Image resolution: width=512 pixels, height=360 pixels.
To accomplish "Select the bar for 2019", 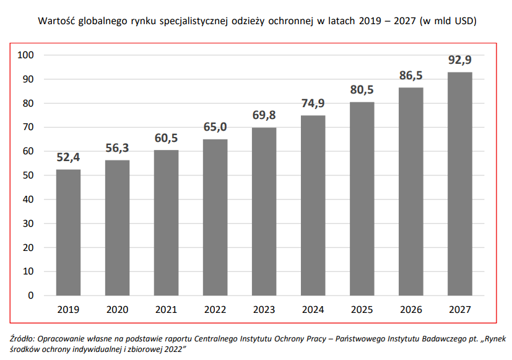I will click(x=68, y=232).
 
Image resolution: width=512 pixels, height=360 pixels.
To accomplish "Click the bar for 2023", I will click(x=264, y=211).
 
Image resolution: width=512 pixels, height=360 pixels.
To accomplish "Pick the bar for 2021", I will click(x=166, y=222).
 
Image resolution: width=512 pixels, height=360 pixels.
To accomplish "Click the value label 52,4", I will click(x=68, y=158).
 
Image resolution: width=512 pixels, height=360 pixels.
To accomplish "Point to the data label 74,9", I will click(x=313, y=103).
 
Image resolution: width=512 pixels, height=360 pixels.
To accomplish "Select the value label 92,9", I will click(x=460, y=61).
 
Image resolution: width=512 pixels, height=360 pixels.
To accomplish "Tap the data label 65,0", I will click(x=215, y=128).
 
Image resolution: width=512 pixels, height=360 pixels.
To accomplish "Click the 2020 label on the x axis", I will click(x=117, y=309).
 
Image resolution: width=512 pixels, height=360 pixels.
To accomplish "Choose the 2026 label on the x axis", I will click(x=411, y=309).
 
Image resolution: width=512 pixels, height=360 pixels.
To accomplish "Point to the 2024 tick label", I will click(x=313, y=309).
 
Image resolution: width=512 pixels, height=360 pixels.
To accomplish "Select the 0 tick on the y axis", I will click(x=30, y=296).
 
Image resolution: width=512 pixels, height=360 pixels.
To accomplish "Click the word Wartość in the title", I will click(x=56, y=21).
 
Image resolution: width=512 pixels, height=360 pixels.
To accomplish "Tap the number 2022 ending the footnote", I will click(x=168, y=349).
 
